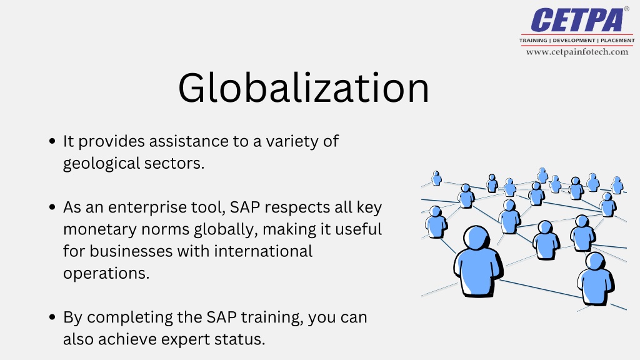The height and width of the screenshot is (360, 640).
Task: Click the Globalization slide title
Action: [x=304, y=88]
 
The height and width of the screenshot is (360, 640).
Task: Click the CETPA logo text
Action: [x=577, y=21]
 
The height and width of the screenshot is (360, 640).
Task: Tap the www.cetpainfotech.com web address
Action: [x=577, y=52]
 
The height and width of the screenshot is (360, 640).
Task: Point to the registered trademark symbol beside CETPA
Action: [x=627, y=9]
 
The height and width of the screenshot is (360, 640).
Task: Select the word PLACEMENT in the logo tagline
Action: [x=617, y=40]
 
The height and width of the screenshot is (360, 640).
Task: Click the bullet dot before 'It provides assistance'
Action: [x=53, y=142]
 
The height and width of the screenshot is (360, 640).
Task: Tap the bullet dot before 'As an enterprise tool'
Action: [x=53, y=207]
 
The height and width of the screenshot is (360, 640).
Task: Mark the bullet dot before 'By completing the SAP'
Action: [x=53, y=317]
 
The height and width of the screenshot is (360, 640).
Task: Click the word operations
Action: [x=106, y=273]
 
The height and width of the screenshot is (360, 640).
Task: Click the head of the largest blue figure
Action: [x=477, y=239]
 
